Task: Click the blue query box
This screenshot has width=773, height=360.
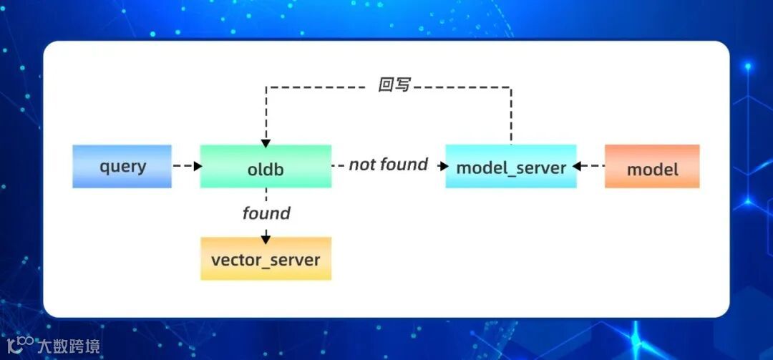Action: (x=122, y=167)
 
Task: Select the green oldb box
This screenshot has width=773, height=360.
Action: (x=266, y=167)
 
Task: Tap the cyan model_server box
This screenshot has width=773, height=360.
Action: (x=511, y=167)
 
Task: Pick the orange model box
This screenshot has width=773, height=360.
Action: (x=652, y=167)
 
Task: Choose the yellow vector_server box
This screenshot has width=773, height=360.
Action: (x=266, y=258)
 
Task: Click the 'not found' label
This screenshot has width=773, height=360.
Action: (x=388, y=165)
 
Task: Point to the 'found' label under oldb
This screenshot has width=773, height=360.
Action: (x=266, y=213)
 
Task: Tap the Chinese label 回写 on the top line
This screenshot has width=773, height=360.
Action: (x=394, y=85)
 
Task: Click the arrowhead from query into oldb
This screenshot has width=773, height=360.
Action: (x=197, y=166)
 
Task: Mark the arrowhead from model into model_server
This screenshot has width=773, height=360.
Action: (x=577, y=166)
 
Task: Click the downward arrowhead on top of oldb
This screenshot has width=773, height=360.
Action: (x=266, y=143)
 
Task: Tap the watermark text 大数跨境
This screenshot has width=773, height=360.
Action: (x=68, y=346)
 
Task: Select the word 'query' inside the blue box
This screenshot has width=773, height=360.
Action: (x=122, y=167)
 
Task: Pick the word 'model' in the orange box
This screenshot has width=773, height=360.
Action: (x=652, y=170)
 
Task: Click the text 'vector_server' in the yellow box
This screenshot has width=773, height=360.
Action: (x=266, y=260)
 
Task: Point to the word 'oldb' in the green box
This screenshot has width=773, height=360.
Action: (x=266, y=170)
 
